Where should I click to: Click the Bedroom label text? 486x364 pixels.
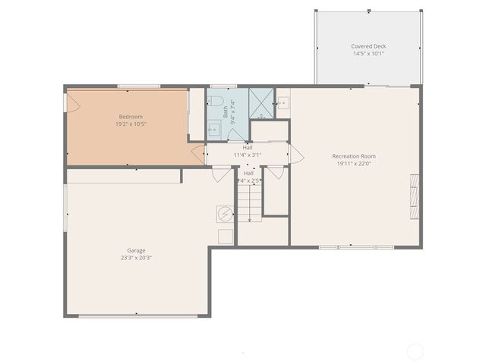[129, 117]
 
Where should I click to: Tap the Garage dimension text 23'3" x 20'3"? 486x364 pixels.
[136, 257]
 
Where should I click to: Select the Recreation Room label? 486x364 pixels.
[354, 156]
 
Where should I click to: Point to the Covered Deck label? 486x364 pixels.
[368, 46]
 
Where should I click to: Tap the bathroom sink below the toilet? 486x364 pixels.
[214, 130]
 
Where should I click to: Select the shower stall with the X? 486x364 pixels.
[261, 103]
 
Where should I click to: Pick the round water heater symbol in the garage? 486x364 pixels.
[225, 214]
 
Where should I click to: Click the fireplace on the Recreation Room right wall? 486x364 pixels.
[415, 196]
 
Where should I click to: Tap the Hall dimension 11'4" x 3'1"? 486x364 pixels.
[248, 155]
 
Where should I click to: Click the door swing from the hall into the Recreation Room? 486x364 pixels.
[296, 155]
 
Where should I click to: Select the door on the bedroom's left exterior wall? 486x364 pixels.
[71, 103]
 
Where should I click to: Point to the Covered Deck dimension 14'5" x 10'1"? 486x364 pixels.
[368, 54]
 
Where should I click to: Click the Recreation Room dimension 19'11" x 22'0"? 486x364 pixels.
[354, 164]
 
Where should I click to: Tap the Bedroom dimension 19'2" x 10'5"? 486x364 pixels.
[129, 124]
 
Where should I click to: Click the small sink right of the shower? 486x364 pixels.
[282, 102]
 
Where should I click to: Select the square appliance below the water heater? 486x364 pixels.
[225, 236]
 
